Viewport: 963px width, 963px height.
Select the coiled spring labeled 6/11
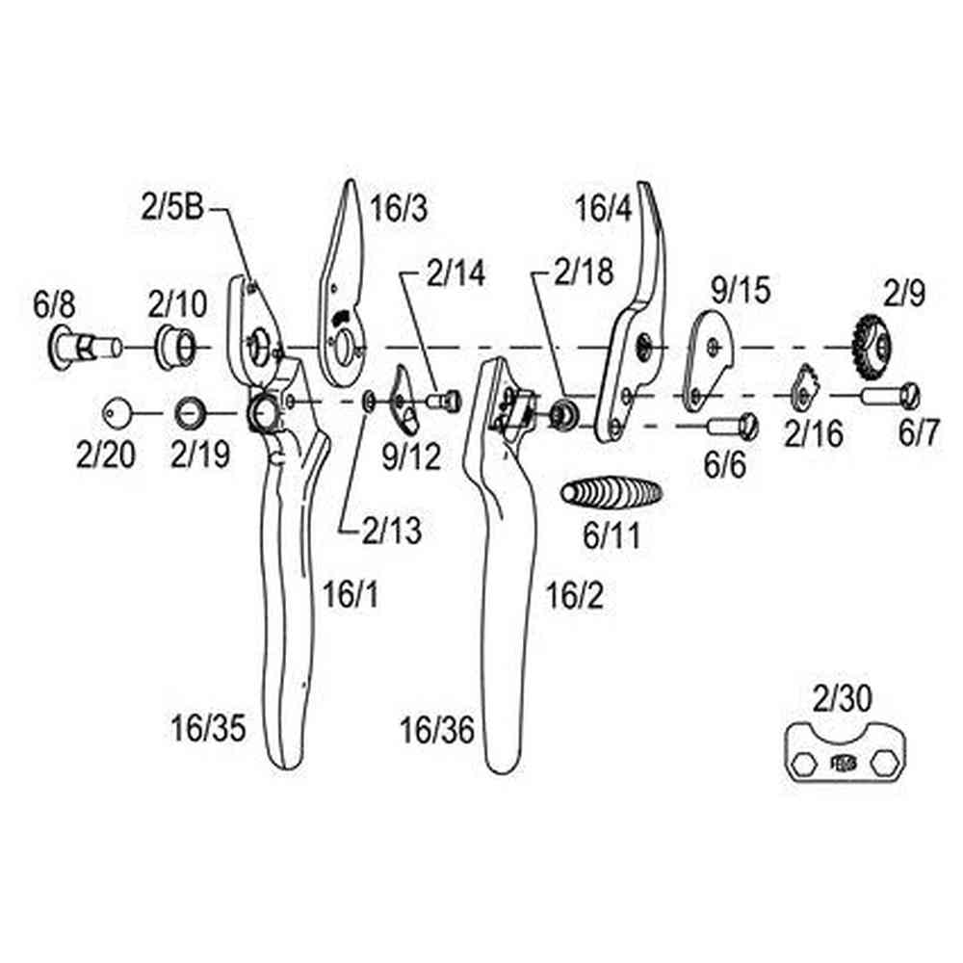pyautogui.click(x=612, y=495)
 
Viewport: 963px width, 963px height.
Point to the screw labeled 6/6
pyautogui.click(x=734, y=424)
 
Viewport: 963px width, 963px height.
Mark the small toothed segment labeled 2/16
pyautogui.click(x=804, y=388)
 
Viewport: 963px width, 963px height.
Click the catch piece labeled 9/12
pyautogui.click(x=402, y=403)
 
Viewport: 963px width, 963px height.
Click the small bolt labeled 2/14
pyautogui.click(x=446, y=398)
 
